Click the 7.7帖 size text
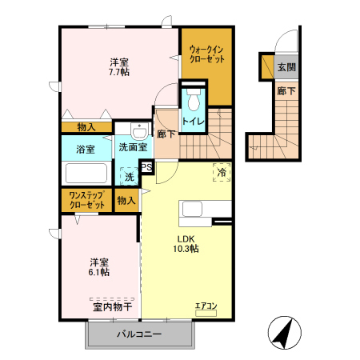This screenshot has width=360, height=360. click(x=119, y=72)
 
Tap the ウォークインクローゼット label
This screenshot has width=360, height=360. click(x=207, y=55)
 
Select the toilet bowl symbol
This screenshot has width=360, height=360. click(x=193, y=101)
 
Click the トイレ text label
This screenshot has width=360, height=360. click(x=193, y=122)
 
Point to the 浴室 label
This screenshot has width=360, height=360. click(x=85, y=149)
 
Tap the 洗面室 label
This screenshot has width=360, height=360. click(x=132, y=147)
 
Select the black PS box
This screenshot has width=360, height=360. click(x=147, y=166)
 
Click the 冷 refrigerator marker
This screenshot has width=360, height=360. click(x=220, y=171)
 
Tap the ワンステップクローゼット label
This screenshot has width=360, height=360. click(x=87, y=200)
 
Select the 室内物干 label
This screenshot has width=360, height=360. click(x=112, y=306)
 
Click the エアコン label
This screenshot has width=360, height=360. click(x=206, y=306)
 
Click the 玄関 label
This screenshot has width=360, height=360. click(x=286, y=67)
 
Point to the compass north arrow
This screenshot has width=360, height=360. click(x=282, y=333)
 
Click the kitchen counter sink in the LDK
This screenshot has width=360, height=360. click(x=195, y=209)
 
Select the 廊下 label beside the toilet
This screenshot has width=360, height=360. click(x=166, y=134)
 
